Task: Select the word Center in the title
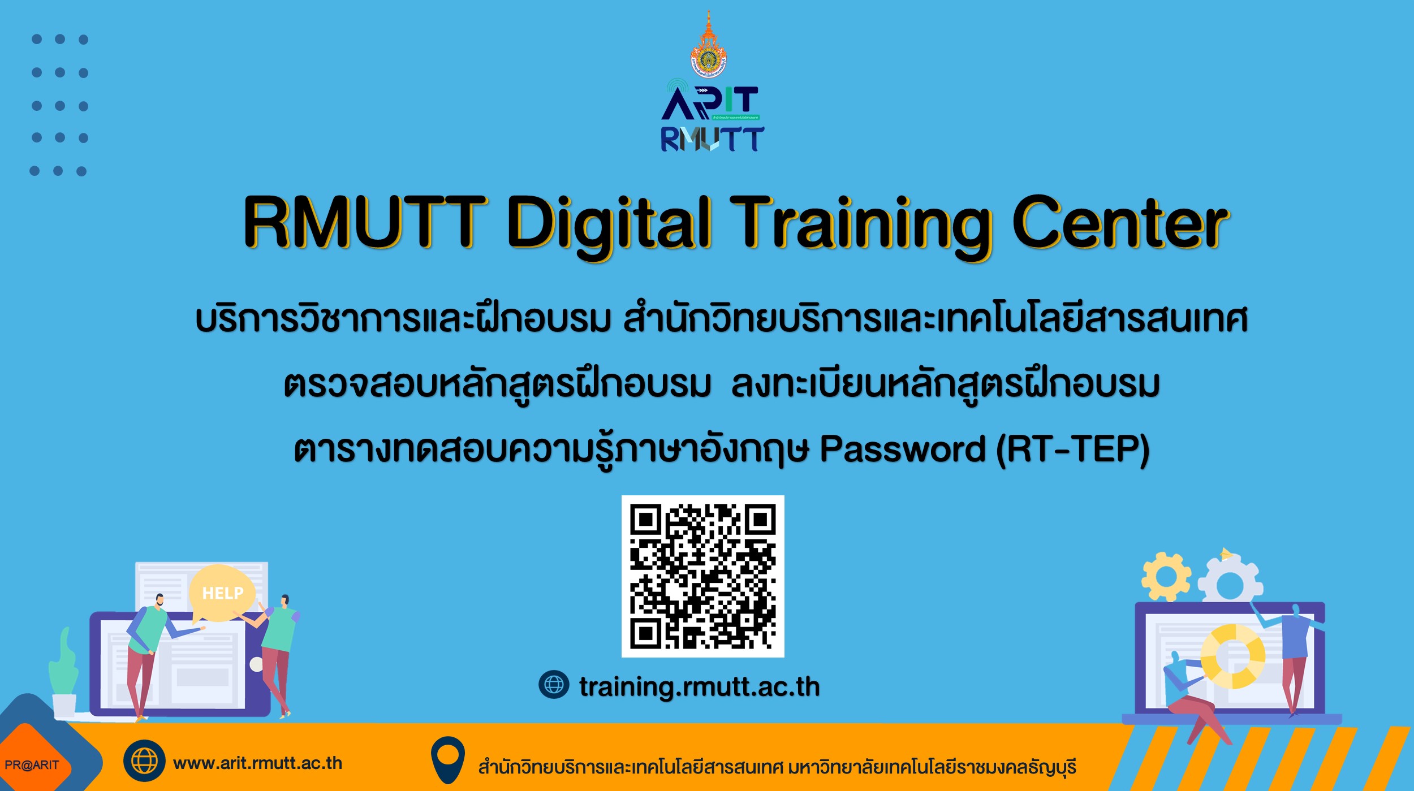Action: tap(1120, 222)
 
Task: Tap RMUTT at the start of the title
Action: tap(365, 222)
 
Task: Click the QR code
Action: tap(702, 576)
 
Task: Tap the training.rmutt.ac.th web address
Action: tap(699, 686)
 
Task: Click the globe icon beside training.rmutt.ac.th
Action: tap(554, 685)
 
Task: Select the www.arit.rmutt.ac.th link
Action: tap(257, 763)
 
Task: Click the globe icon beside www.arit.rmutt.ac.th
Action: tap(144, 760)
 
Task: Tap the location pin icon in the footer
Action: tap(447, 760)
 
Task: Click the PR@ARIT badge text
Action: tap(32, 765)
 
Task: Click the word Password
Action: tap(902, 449)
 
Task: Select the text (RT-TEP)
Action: tap(1073, 450)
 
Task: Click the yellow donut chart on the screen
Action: tap(1233, 656)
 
